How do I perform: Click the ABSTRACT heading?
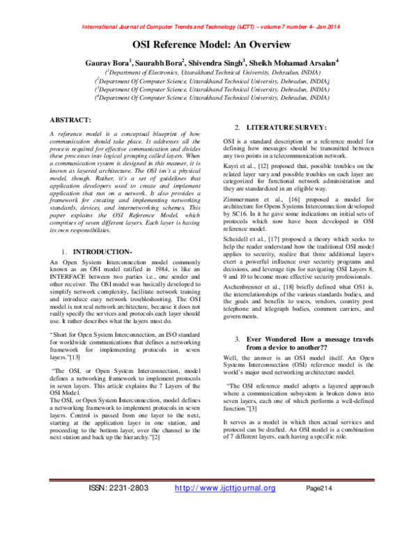click(x=77, y=119)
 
